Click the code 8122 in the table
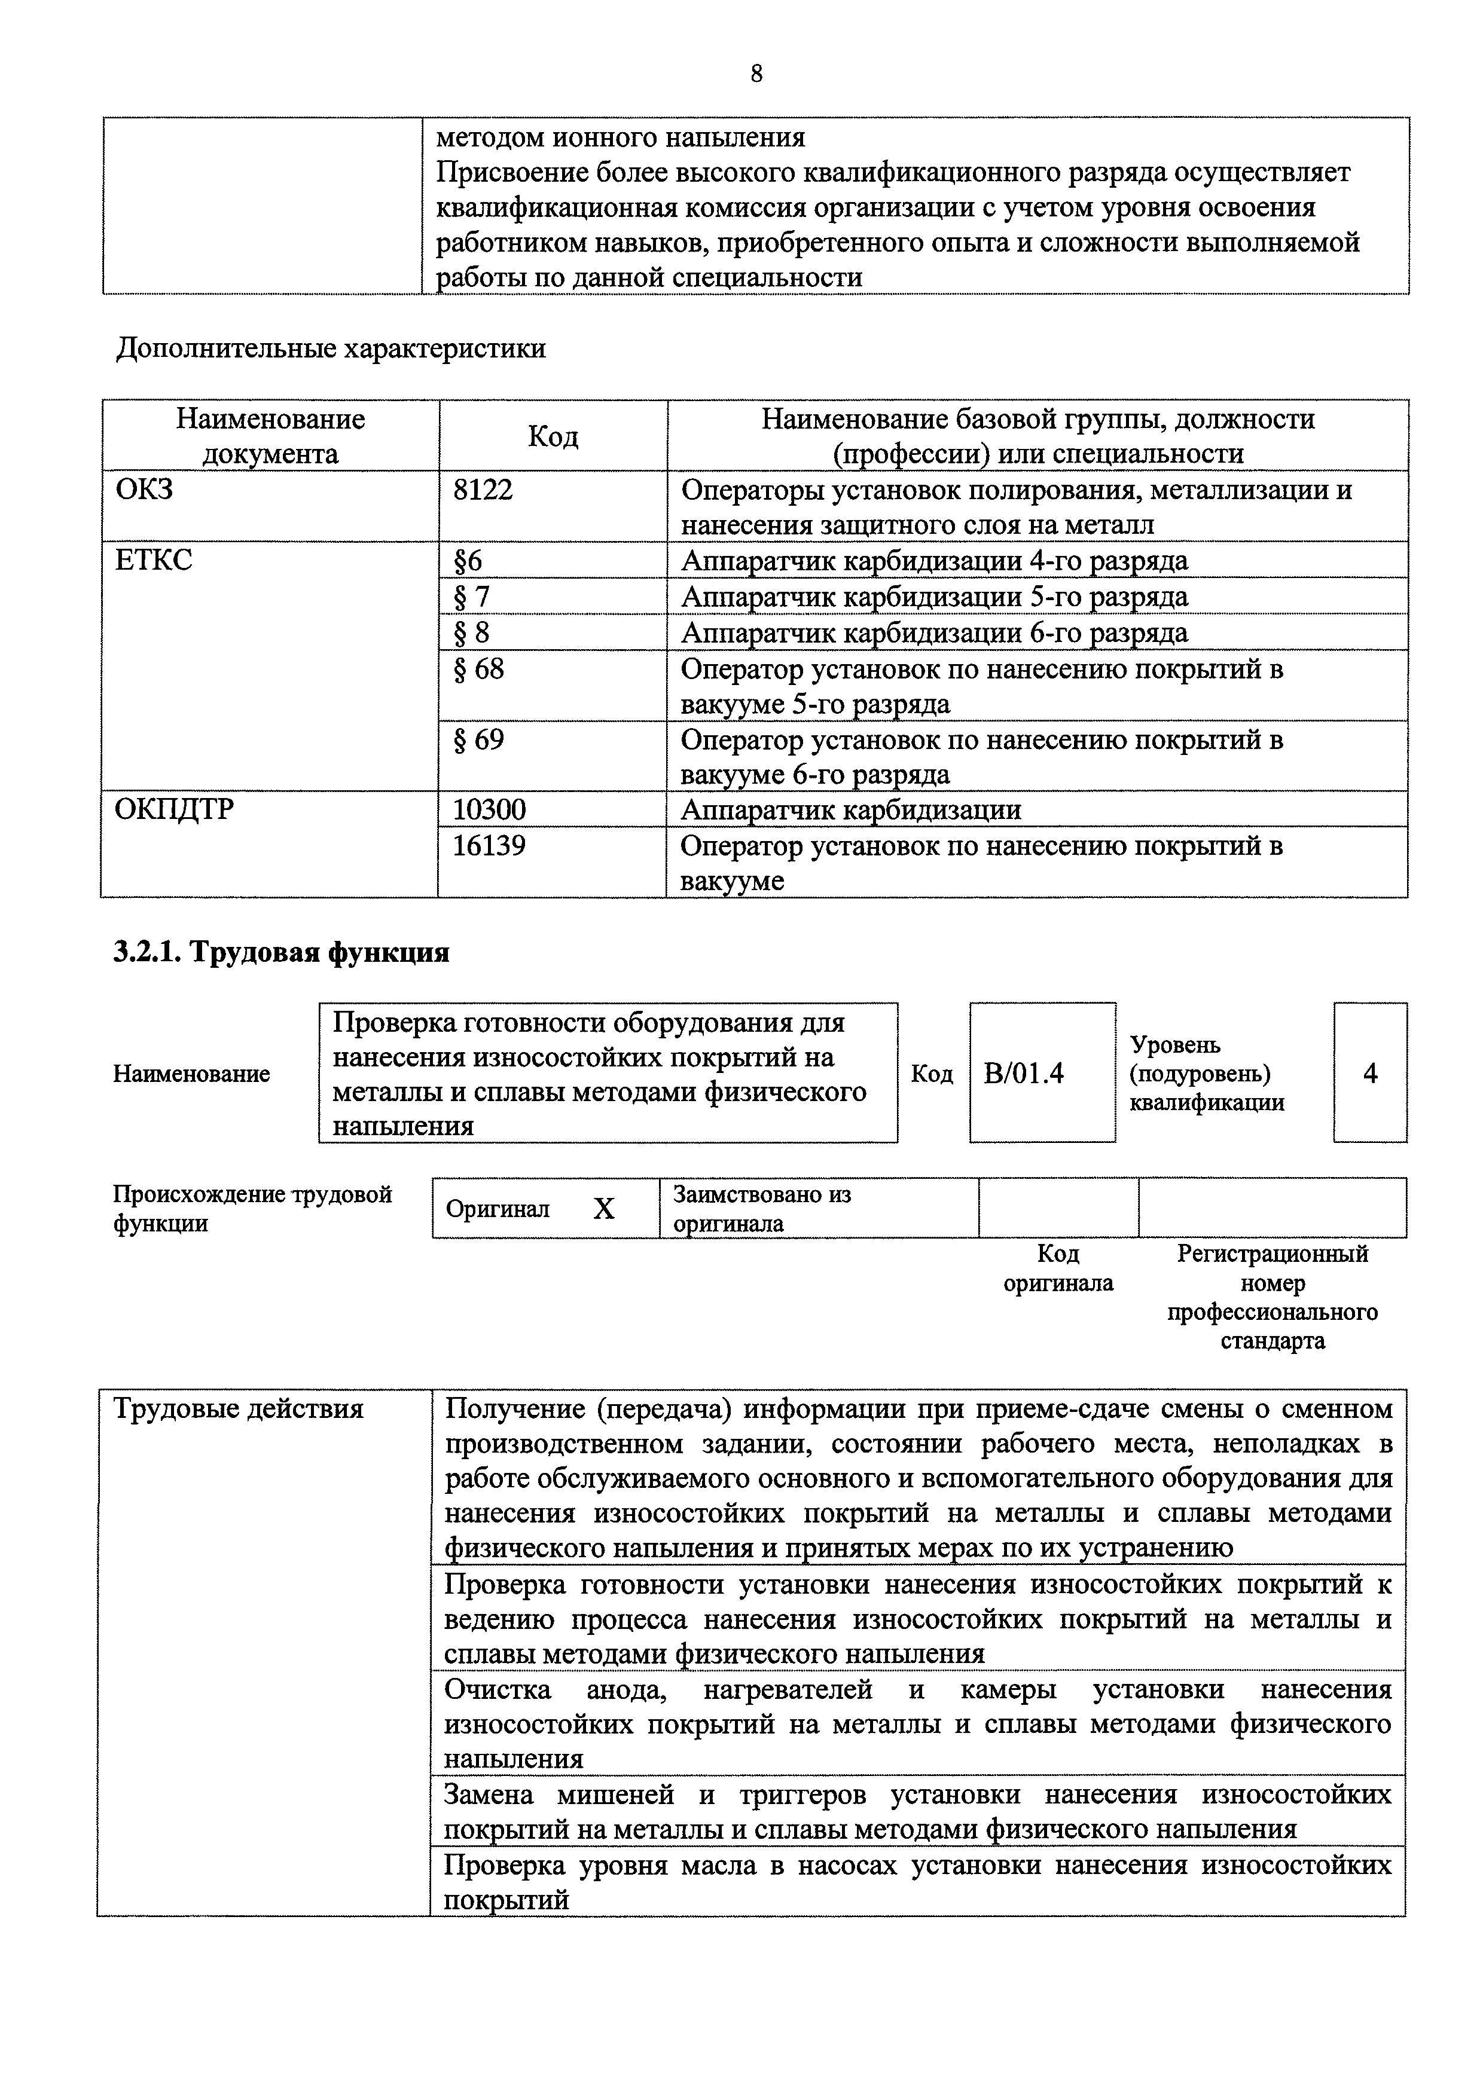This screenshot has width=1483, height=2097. [x=483, y=490]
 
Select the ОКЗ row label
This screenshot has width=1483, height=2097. [x=144, y=490]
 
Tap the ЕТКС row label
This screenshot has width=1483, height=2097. [x=154, y=560]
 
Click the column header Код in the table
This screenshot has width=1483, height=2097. [x=553, y=436]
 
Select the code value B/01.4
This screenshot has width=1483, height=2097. [x=1023, y=1073]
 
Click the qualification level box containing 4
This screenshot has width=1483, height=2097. [x=1370, y=1073]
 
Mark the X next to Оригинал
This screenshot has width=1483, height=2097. [x=604, y=1209]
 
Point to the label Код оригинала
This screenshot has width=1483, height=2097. [x=1058, y=1268]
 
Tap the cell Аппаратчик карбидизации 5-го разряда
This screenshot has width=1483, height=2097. [x=934, y=597]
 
